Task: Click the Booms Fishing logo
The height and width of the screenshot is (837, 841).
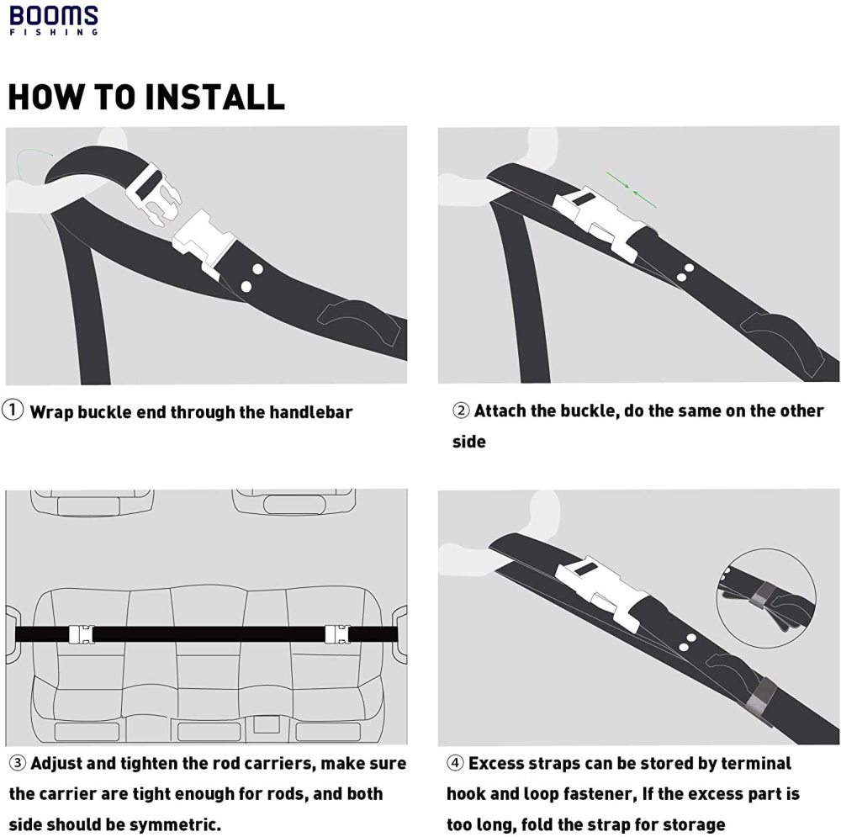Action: (x=54, y=20)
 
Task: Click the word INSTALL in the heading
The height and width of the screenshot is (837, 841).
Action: (x=214, y=97)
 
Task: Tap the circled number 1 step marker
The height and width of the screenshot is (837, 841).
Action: (x=13, y=411)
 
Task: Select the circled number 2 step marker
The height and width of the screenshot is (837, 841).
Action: (x=461, y=411)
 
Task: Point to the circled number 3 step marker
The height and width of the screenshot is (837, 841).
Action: (x=18, y=763)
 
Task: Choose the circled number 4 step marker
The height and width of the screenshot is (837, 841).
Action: (x=455, y=763)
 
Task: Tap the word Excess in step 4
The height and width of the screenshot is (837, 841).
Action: (x=496, y=763)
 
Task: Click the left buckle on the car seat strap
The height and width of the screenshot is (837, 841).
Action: (x=81, y=633)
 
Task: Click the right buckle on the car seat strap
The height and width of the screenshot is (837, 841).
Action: (x=337, y=633)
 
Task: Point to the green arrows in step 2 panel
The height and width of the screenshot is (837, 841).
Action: (x=632, y=189)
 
